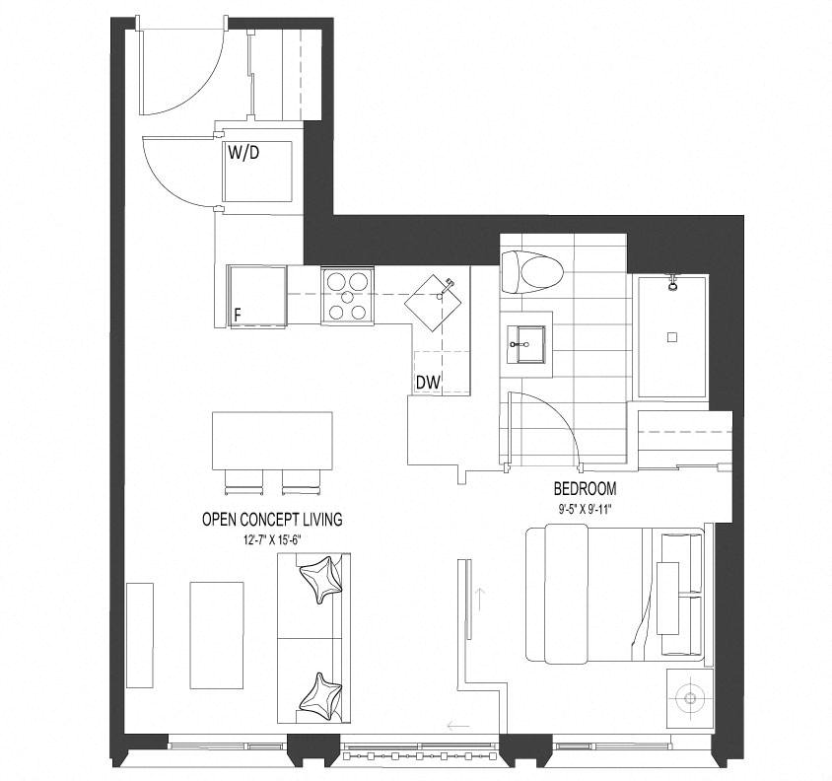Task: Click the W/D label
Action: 243,153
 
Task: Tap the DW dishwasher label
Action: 428,383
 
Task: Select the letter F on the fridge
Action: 238,315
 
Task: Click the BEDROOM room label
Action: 585,488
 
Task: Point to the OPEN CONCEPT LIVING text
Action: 272,519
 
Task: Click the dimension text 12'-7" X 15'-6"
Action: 273,540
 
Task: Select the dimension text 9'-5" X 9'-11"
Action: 586,509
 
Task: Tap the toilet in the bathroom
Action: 531,272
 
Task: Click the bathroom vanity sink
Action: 525,344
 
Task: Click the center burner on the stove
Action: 347,296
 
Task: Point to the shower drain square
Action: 672,336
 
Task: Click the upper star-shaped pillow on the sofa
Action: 321,580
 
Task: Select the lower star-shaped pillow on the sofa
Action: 320,696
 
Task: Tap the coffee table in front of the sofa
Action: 217,635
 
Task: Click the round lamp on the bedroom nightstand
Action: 690,698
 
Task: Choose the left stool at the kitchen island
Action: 244,482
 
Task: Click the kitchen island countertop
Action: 272,441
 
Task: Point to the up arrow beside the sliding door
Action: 480,599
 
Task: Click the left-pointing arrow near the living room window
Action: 458,724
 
